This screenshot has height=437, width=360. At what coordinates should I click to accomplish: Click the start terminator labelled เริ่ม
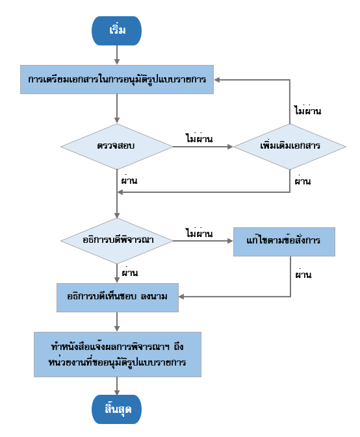pos(116,31)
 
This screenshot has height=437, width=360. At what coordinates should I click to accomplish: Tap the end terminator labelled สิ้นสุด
pos(116,409)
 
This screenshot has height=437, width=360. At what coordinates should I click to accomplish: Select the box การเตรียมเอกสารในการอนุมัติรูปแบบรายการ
pos(117,79)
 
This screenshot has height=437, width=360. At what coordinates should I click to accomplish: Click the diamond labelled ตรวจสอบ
pos(117,147)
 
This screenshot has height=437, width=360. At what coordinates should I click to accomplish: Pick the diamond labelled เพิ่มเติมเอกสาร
pos(290,147)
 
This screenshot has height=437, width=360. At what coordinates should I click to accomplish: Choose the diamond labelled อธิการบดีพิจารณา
pos(117,241)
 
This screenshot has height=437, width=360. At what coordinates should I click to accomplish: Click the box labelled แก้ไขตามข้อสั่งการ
pos(284,242)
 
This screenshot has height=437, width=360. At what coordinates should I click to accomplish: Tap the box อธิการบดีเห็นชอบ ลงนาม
pos(118,297)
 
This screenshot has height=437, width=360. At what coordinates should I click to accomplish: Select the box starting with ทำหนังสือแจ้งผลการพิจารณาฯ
pos(118,355)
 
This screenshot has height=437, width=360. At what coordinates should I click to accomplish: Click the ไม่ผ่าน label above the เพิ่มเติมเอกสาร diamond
pos(308,110)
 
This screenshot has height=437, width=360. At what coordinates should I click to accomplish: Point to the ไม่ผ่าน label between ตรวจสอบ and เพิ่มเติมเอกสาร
pos(199,138)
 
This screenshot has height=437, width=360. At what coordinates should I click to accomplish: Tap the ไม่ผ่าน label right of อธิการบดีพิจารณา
pos(199,232)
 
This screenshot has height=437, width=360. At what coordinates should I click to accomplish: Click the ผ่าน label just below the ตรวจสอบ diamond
pos(129,180)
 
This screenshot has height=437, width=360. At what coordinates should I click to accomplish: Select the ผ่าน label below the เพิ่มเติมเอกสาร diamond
pos(303,181)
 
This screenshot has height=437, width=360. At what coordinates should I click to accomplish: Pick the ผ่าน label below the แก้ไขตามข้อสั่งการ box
pos(303,274)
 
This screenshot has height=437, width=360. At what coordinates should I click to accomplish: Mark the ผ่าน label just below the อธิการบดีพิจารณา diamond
pos(130,272)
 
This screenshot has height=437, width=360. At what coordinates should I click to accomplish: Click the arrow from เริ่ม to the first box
pos(117,55)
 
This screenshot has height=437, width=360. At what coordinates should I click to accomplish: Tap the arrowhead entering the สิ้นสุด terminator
pos(117,392)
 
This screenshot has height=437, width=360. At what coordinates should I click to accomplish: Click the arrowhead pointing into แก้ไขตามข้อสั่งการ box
pos(230,241)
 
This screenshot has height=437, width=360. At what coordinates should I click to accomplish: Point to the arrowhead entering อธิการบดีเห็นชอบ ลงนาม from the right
pos(181,297)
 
